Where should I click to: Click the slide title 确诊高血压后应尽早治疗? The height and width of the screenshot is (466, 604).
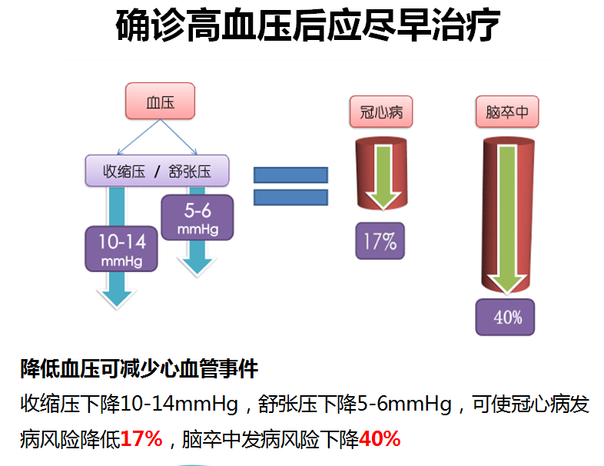[x=307, y=25]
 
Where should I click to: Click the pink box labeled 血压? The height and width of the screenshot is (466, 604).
[x=161, y=101]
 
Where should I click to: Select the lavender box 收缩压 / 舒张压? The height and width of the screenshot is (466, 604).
[x=158, y=171]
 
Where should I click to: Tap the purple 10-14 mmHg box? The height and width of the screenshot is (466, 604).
[x=121, y=249]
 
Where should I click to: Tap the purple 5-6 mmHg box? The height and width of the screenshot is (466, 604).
[x=197, y=218]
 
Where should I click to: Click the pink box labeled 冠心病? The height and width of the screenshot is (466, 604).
[x=381, y=112]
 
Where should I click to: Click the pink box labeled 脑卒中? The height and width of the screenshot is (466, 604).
[x=507, y=112]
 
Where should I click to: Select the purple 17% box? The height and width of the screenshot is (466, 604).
[x=380, y=241]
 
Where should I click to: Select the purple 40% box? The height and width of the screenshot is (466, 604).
[x=505, y=318]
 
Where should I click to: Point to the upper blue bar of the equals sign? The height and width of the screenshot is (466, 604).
[x=290, y=175]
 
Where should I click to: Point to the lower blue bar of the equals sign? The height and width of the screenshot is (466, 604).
[x=290, y=198]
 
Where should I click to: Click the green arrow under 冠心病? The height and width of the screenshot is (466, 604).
[x=383, y=178]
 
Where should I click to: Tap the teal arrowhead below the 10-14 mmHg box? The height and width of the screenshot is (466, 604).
[x=117, y=295]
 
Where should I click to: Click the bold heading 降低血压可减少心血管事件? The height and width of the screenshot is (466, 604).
[x=139, y=369]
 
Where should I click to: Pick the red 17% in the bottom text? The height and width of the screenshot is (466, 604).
[x=141, y=438]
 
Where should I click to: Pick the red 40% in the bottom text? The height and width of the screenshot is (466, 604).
[x=380, y=438]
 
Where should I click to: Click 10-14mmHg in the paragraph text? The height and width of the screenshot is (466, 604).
[x=179, y=404]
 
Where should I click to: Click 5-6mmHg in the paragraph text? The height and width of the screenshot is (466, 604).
[x=404, y=404]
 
